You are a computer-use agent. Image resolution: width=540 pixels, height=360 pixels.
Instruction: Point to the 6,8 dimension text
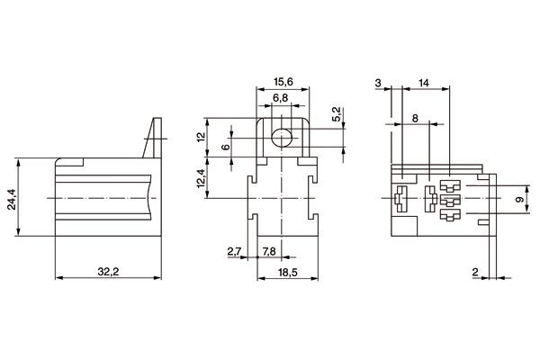pyautogui.click(x=280, y=96)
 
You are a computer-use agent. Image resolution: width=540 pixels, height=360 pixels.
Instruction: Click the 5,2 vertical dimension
pyautogui.click(x=337, y=114)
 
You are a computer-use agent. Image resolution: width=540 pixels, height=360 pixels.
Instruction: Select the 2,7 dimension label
pyautogui.click(x=235, y=250)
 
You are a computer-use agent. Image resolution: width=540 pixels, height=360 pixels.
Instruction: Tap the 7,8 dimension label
pyautogui.click(x=268, y=250)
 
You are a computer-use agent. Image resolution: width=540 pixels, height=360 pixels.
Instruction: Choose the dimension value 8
pyautogui.click(x=414, y=118)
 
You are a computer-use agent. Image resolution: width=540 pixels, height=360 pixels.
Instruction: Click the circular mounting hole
pyautogui.click(x=282, y=138)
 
